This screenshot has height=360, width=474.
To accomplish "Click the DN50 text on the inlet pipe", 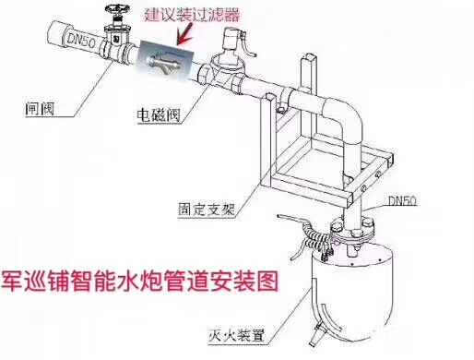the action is pos(81,40).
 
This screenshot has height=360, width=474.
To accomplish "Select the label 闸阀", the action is pos(40,108).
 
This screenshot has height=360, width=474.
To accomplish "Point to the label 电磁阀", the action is pos(159,115).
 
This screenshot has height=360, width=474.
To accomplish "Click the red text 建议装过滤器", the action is pos(192,15).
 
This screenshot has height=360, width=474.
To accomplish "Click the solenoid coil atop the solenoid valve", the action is pos(233,39).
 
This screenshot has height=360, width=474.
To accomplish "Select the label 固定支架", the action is pos(207,210).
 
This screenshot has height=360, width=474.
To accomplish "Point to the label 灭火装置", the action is pos(236,335).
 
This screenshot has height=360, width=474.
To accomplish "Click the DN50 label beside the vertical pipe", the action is pos(402,200).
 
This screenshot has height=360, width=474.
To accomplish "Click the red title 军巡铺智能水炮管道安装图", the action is pos(140,281).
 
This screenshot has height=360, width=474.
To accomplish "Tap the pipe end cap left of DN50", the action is pos(58,33).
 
